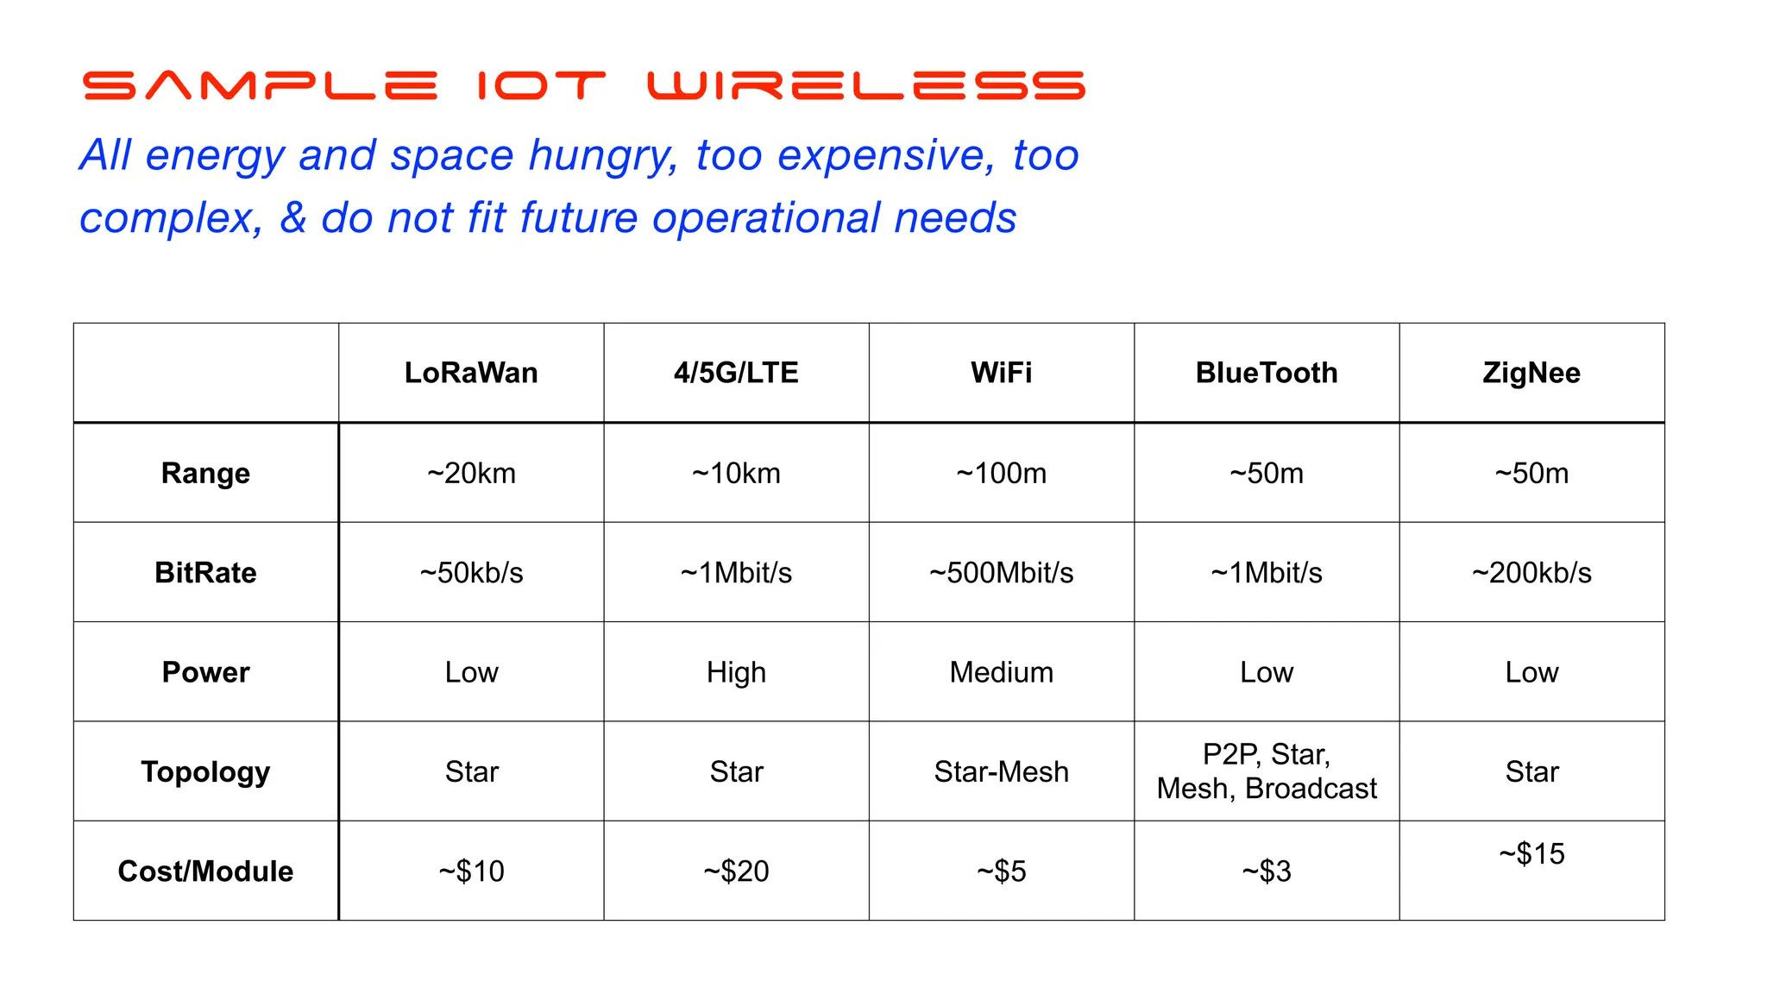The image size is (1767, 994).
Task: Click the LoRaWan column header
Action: tap(471, 373)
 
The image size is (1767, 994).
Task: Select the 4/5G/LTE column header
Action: tap(736, 373)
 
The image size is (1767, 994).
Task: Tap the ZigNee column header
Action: tap(1531, 373)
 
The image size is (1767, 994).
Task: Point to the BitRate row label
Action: tap(205, 573)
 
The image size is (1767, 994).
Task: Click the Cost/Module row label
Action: tap(205, 871)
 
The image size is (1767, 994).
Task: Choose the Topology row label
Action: tap(205, 772)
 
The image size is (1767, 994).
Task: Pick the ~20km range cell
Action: tap(471, 474)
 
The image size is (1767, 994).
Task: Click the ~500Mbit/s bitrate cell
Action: tap(1001, 573)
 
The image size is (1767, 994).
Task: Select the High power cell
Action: tap(736, 672)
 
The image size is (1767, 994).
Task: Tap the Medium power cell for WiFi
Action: tap(1001, 672)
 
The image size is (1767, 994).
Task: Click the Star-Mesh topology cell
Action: tap(1001, 772)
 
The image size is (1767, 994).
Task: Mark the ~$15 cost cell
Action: tap(1531, 854)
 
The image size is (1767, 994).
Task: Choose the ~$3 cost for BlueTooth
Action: tap(1266, 871)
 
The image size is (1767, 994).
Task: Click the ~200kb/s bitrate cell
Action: tap(1531, 573)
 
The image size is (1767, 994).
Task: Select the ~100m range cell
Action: tap(1001, 474)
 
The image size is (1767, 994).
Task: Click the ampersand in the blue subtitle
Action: tap(293, 217)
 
